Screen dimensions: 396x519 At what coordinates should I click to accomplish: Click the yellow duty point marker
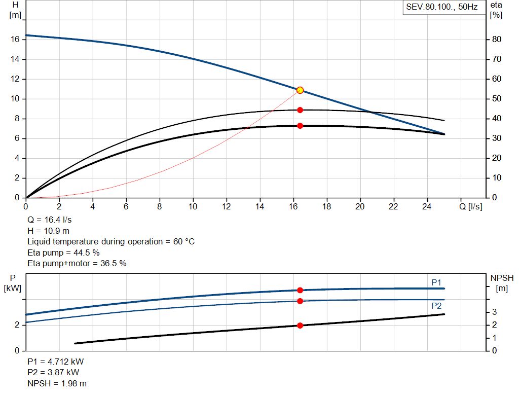click(300, 90)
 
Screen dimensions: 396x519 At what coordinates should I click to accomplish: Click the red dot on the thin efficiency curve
click(300, 110)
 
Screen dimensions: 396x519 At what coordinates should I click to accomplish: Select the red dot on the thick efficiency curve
click(300, 126)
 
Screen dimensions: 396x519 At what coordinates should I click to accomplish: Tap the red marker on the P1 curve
click(300, 290)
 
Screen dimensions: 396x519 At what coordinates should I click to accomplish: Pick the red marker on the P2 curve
click(300, 301)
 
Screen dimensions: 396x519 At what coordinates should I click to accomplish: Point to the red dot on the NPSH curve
click(300, 326)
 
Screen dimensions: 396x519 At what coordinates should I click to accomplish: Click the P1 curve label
click(436, 282)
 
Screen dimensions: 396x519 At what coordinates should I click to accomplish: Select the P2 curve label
click(436, 306)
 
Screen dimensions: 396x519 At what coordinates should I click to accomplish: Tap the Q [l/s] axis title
click(470, 206)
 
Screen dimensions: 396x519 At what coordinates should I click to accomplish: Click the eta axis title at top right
click(496, 5)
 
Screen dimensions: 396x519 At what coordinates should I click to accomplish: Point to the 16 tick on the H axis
click(15, 40)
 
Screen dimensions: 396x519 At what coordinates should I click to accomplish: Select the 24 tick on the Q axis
click(427, 206)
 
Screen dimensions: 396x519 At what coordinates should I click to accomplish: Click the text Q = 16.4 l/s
click(50, 220)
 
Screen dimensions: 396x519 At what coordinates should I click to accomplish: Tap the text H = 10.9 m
click(49, 231)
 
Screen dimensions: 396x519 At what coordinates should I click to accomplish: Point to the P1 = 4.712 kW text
click(56, 362)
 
